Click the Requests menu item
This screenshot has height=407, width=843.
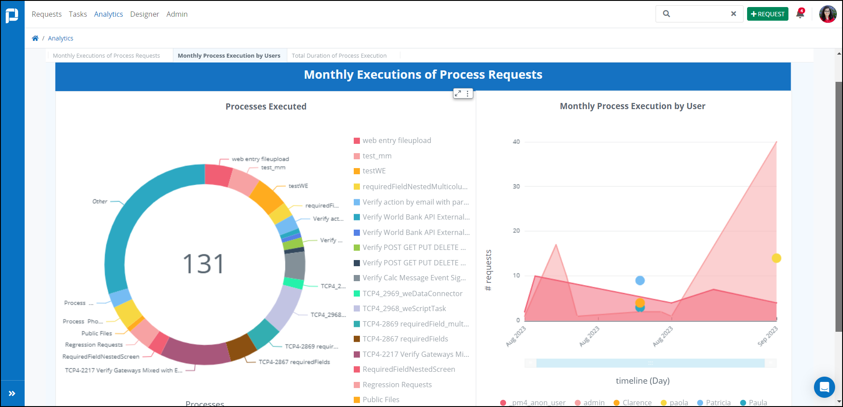(x=46, y=14)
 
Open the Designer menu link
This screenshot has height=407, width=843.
(x=144, y=14)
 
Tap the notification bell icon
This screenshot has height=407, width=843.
(x=800, y=14)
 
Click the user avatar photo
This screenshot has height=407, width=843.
(x=827, y=14)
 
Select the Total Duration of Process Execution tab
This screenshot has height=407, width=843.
(x=339, y=55)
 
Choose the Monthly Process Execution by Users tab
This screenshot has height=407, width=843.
(x=229, y=55)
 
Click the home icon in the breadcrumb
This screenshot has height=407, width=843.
(x=35, y=38)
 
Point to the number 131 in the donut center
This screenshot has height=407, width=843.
(x=203, y=264)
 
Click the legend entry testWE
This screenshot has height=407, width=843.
(x=374, y=171)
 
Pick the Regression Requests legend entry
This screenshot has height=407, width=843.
(x=397, y=385)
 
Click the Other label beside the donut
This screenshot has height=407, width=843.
(x=100, y=202)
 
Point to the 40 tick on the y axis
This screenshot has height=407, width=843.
(x=516, y=142)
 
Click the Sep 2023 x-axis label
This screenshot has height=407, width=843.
(x=768, y=336)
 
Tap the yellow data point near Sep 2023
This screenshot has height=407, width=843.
(x=776, y=258)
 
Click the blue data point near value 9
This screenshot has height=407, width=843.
(x=640, y=280)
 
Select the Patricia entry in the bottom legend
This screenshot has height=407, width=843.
(x=718, y=402)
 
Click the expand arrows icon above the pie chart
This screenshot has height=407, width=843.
(x=458, y=93)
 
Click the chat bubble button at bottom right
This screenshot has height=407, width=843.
(x=824, y=387)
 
